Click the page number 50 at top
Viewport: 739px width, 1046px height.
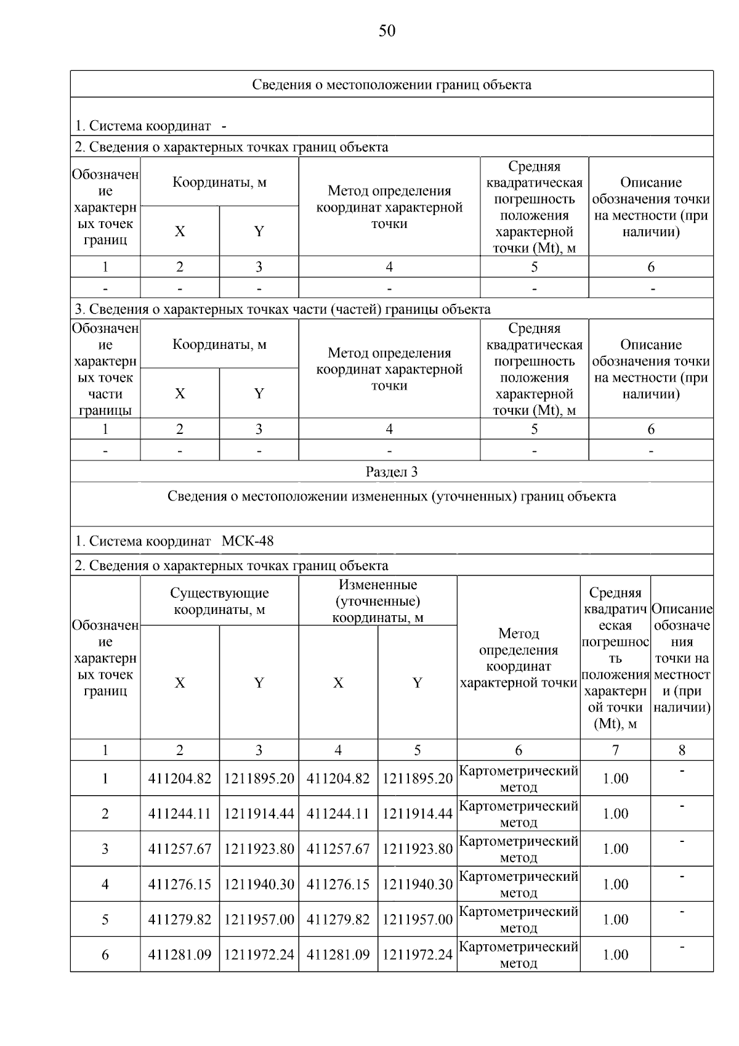[387, 31]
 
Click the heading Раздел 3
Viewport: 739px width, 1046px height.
[392, 472]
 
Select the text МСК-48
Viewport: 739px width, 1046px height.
[248, 542]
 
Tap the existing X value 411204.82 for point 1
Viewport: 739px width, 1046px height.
[179, 778]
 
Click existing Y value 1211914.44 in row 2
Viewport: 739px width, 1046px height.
[259, 814]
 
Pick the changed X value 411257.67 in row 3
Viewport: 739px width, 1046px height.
[338, 849]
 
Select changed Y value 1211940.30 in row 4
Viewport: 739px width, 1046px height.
[417, 885]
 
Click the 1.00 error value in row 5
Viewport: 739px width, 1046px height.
[615, 920]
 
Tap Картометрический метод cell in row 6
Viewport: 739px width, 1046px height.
[519, 954]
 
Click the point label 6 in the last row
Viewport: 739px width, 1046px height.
[105, 955]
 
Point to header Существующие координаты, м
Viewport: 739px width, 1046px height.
[219, 601]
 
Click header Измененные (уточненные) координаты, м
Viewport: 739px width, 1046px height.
[378, 601]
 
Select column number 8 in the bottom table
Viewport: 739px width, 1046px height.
[682, 750]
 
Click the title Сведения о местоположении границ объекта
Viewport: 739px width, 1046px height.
[392, 84]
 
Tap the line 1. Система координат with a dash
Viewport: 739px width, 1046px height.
[150, 126]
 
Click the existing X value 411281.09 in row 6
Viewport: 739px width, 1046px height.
[179, 955]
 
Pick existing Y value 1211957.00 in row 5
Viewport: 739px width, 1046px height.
[259, 920]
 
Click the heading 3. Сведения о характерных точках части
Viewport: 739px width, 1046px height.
[283, 309]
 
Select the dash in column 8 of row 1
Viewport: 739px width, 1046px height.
[682, 770]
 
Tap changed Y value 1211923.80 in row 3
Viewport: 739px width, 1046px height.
[417, 849]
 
